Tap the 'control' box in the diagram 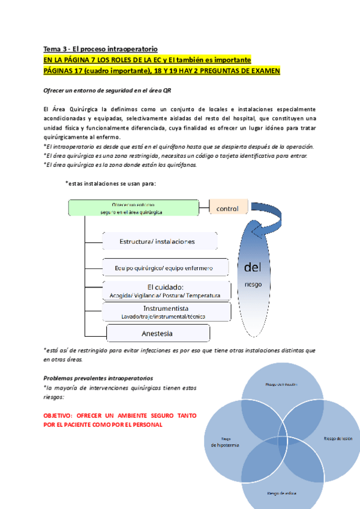(228, 208)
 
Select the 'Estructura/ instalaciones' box (157, 241)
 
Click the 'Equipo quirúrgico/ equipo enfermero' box (164, 267)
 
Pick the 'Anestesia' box (157, 333)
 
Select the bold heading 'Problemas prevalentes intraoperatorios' (98, 378)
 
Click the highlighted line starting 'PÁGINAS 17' (162, 71)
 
